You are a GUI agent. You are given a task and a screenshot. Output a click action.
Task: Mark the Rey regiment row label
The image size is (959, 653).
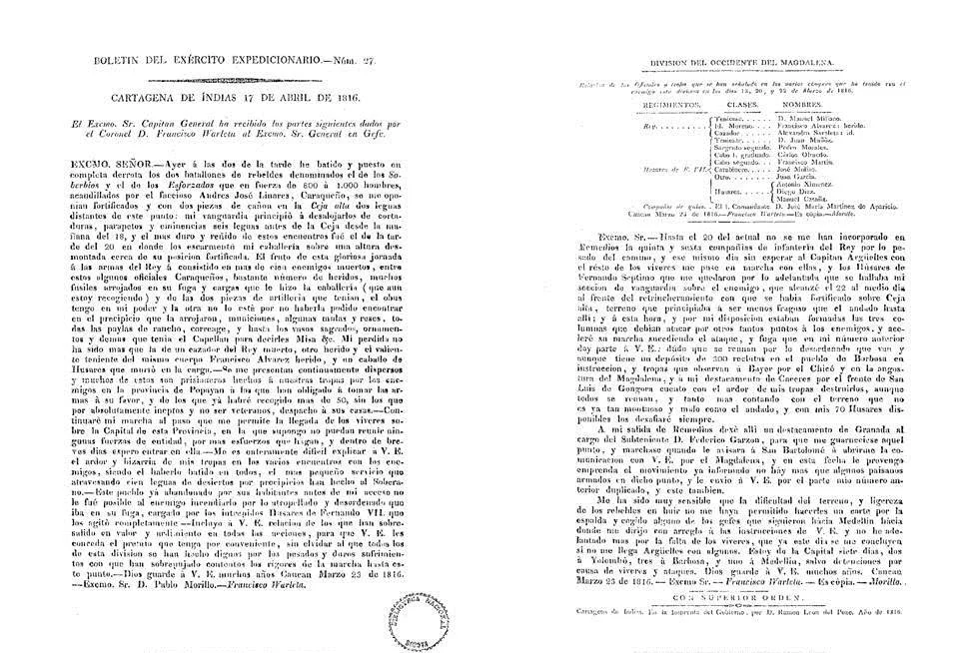pos(621,128)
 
